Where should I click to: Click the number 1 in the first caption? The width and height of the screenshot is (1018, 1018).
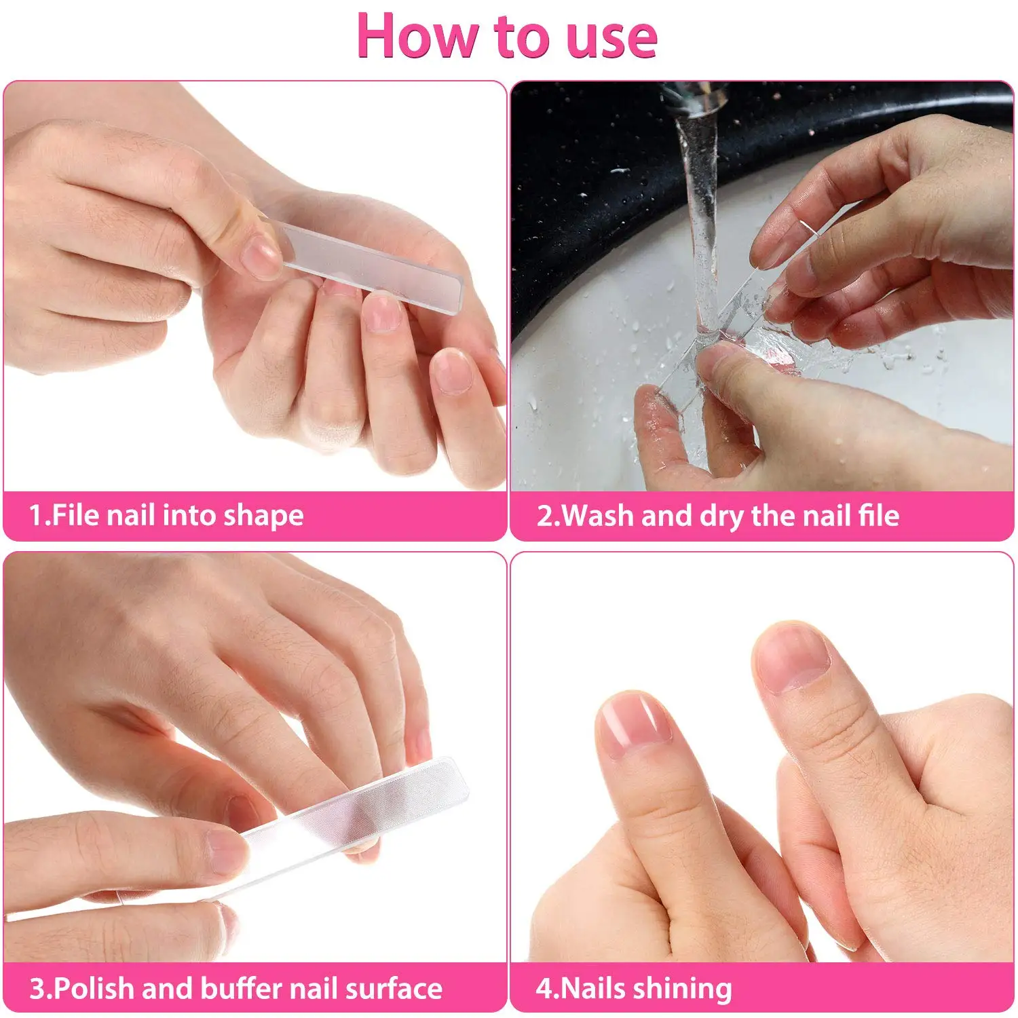tap(35, 515)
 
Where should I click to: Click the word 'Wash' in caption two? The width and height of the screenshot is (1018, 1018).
tap(598, 516)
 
